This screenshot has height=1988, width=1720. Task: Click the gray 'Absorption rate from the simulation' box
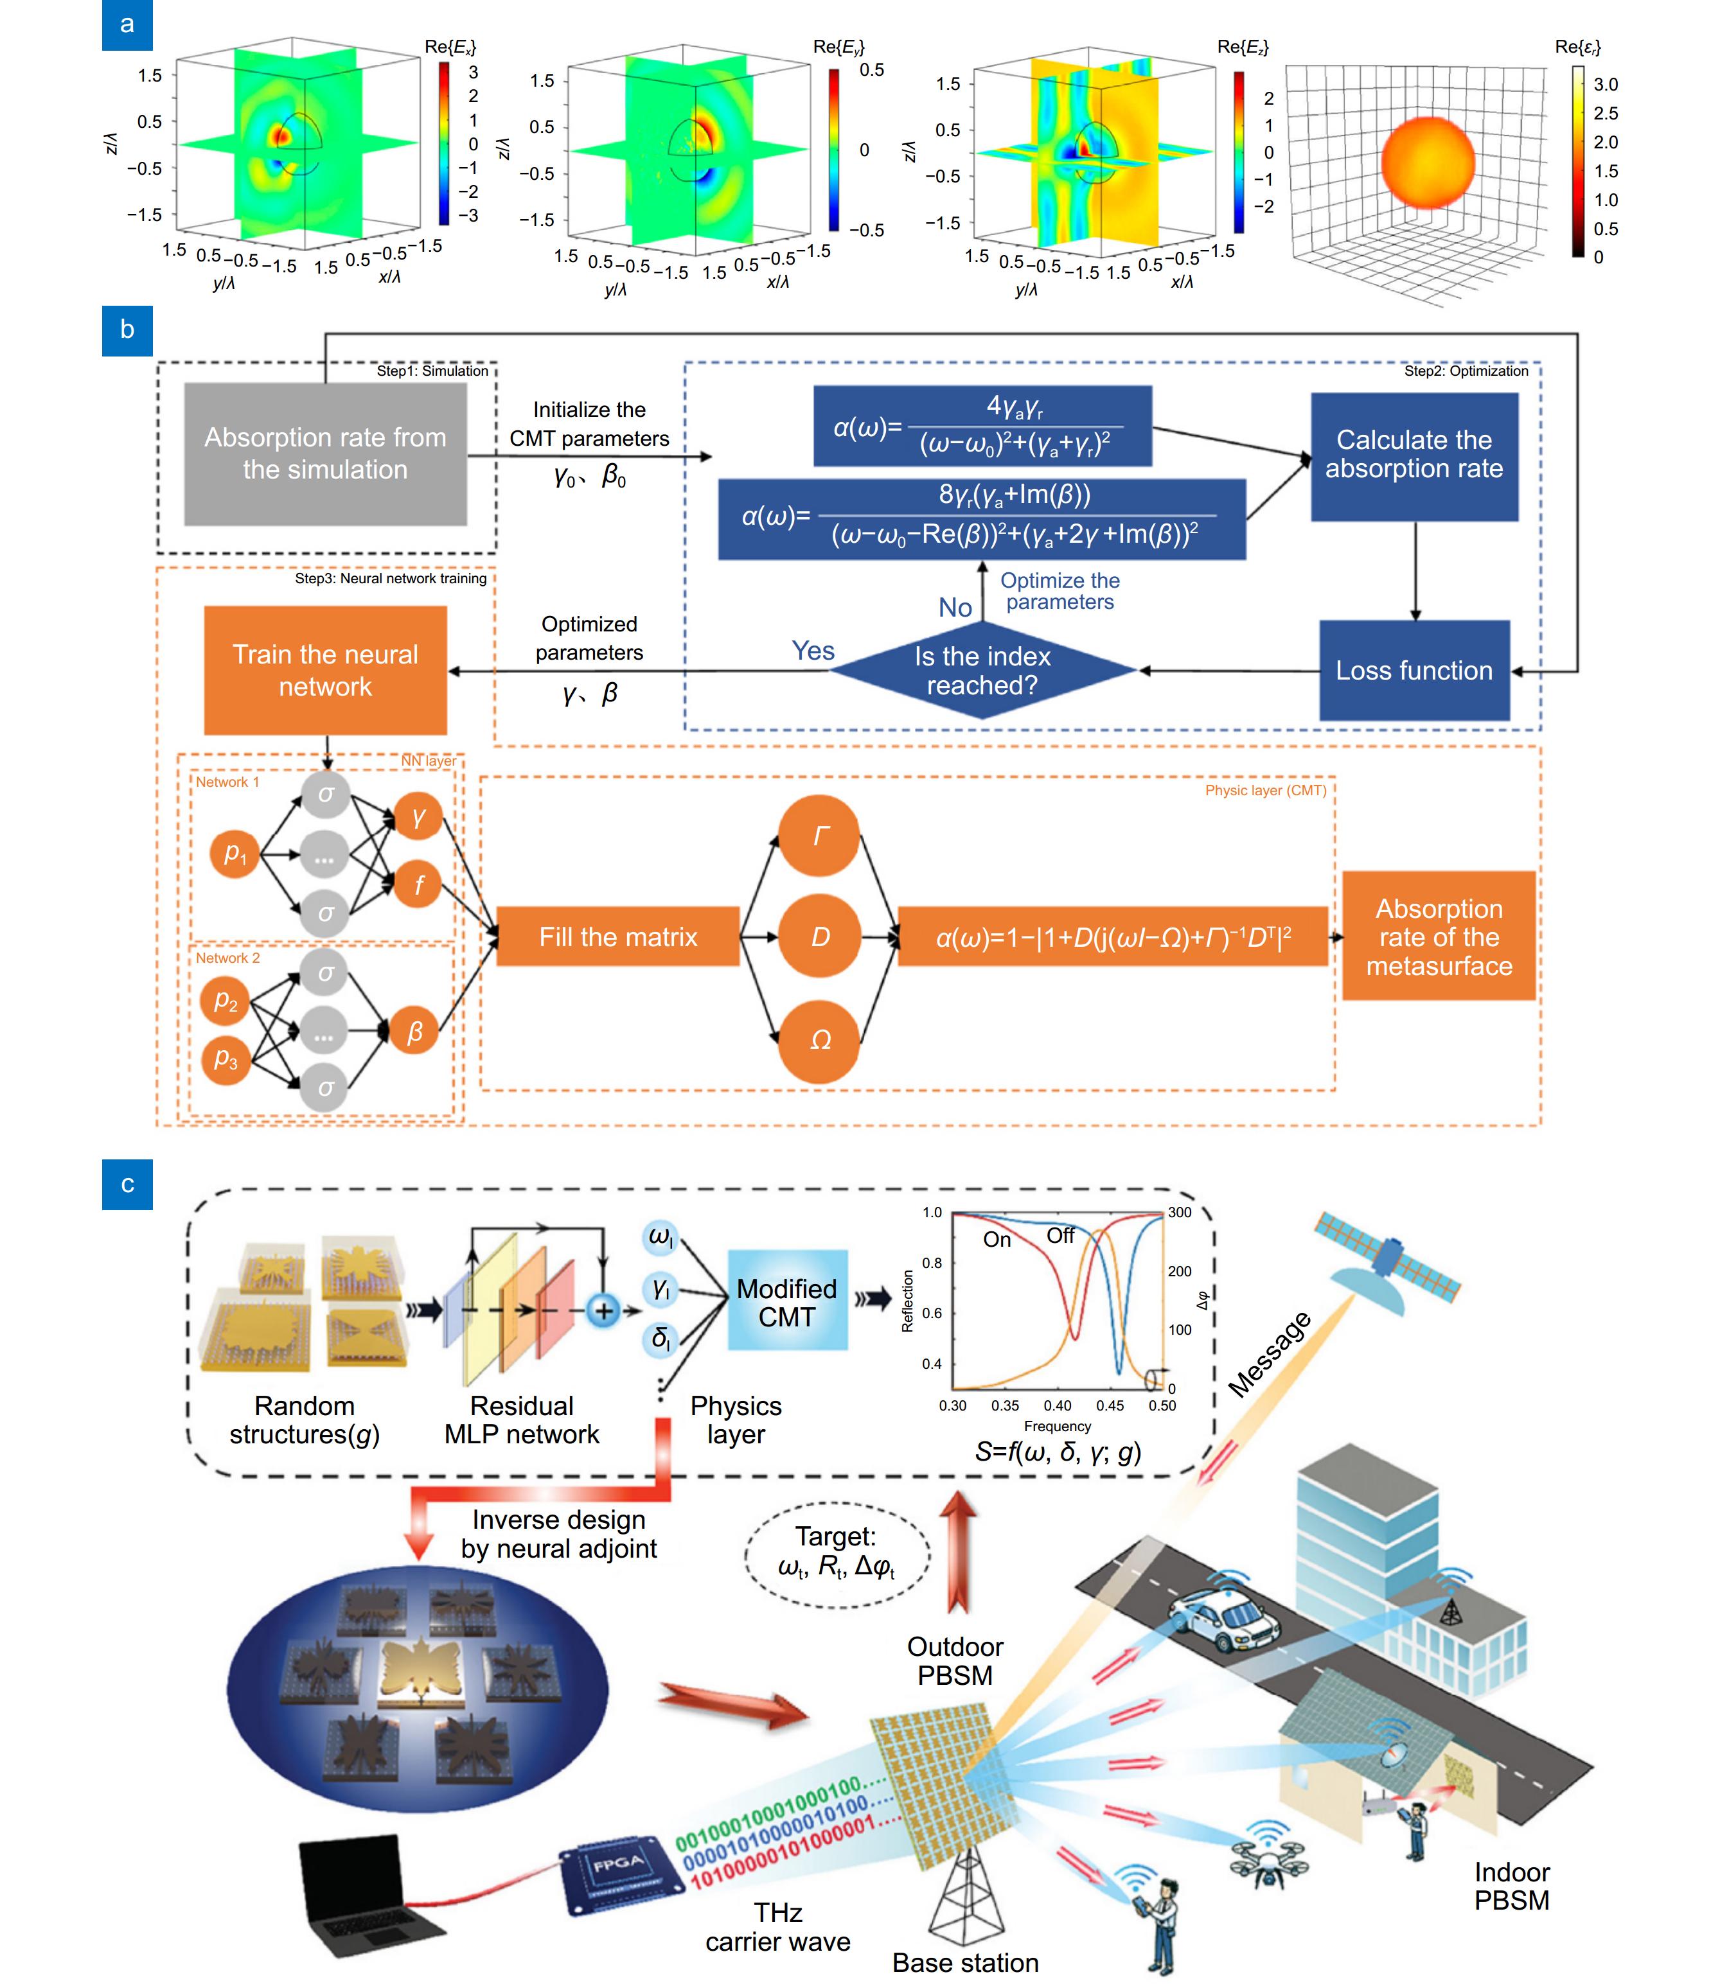[x=325, y=454]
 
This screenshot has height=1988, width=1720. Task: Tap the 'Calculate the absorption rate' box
[x=1414, y=455]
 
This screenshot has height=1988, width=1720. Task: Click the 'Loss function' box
[x=1414, y=671]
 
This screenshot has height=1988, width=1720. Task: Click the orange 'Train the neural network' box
[x=325, y=671]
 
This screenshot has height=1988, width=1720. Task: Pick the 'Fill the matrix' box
[x=618, y=937]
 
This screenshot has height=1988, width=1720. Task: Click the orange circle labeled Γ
[x=819, y=836]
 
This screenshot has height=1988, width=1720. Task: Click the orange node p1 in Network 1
[x=235, y=853]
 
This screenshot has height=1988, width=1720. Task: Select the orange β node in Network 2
[x=414, y=1032]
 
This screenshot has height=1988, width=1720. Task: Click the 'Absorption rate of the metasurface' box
[x=1438, y=937]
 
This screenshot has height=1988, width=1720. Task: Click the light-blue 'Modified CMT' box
[x=787, y=1303]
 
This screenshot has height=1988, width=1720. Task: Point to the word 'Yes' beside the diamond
[x=813, y=651]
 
